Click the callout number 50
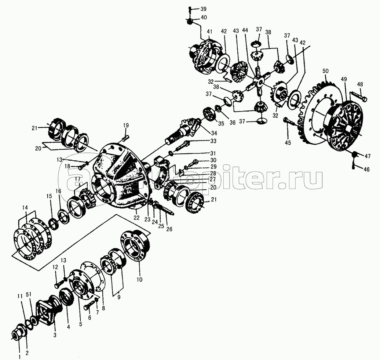pos(325,71)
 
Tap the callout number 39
pos(203,9)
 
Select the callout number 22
pos(137,218)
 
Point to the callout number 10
pos(139,280)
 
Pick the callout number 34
pos(214,133)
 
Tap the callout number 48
pos(360,84)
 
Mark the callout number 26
pos(169,229)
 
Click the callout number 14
pos(25,207)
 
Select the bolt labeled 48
pos(358,97)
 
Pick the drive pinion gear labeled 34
pos(184,131)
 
